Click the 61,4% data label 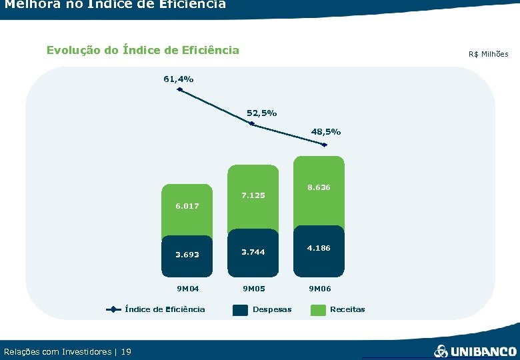click(x=179, y=79)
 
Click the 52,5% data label click(x=261, y=113)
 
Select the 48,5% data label click(x=326, y=132)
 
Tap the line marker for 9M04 click(x=180, y=89)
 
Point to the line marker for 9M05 click(x=251, y=123)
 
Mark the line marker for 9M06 click(x=325, y=145)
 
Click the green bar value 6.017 click(x=187, y=206)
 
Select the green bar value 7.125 click(x=253, y=195)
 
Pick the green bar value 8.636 click(x=319, y=187)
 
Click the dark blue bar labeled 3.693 click(x=187, y=255)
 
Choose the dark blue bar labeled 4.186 click(x=319, y=249)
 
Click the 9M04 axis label click(x=187, y=289)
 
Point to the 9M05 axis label click(x=253, y=289)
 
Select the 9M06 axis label click(x=319, y=289)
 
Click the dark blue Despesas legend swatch click(x=240, y=309)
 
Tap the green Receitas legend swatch click(x=319, y=309)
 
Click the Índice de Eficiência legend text click(x=165, y=309)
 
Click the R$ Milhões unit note click(x=488, y=54)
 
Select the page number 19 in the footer click(x=127, y=351)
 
